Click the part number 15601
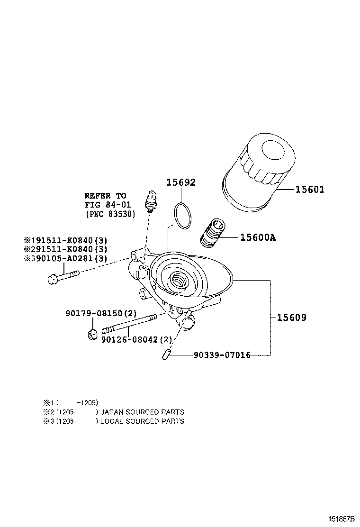(x=310, y=190)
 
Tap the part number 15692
(x=180, y=183)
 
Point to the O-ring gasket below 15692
(x=182, y=215)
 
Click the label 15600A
(x=258, y=237)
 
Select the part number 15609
(x=292, y=318)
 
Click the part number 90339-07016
(x=222, y=354)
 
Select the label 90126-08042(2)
(x=136, y=339)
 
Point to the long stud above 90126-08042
(x=130, y=325)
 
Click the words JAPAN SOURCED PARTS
(x=142, y=412)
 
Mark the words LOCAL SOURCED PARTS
(x=142, y=421)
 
